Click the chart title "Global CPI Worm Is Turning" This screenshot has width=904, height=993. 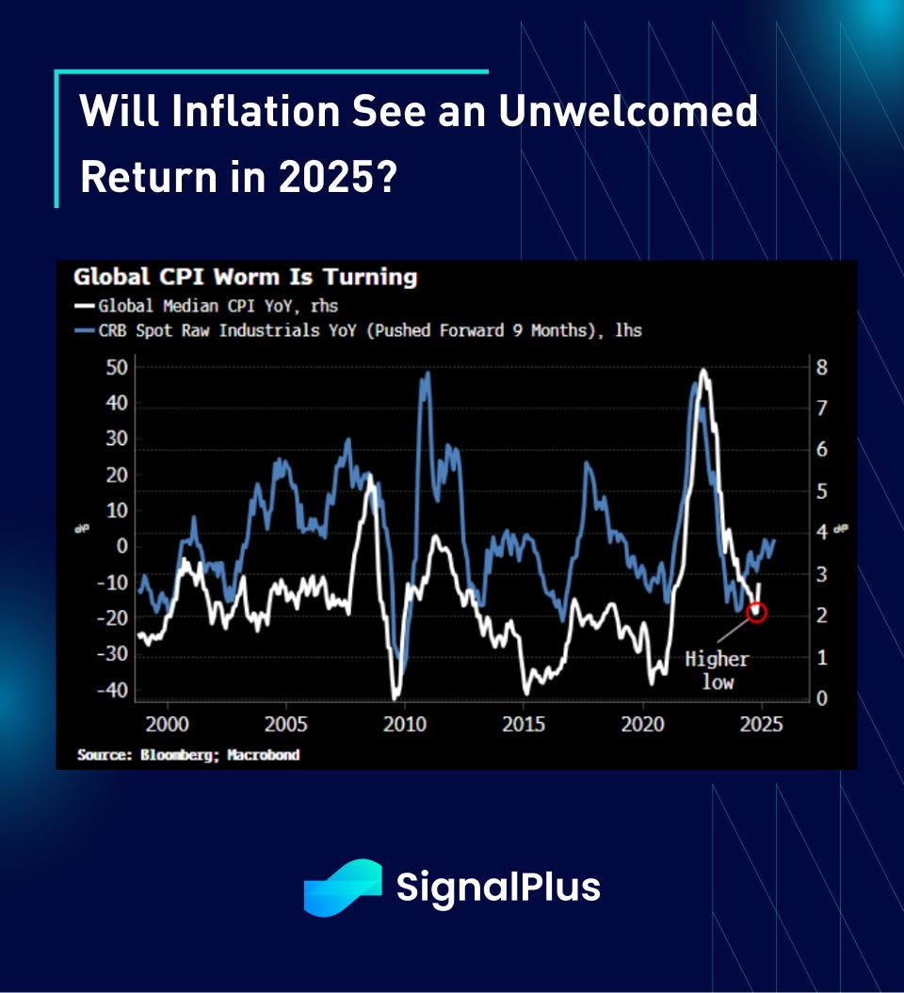245,277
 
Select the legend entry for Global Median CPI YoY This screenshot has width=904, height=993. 217,305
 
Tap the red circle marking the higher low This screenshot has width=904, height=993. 756,613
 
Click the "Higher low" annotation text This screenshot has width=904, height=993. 718,670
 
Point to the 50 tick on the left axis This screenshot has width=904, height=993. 115,367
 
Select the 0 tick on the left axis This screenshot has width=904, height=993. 121,546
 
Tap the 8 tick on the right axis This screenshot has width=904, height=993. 821,367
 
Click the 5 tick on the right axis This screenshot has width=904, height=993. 821,491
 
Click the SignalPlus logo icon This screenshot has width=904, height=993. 342,887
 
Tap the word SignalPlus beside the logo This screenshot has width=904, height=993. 498,888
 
